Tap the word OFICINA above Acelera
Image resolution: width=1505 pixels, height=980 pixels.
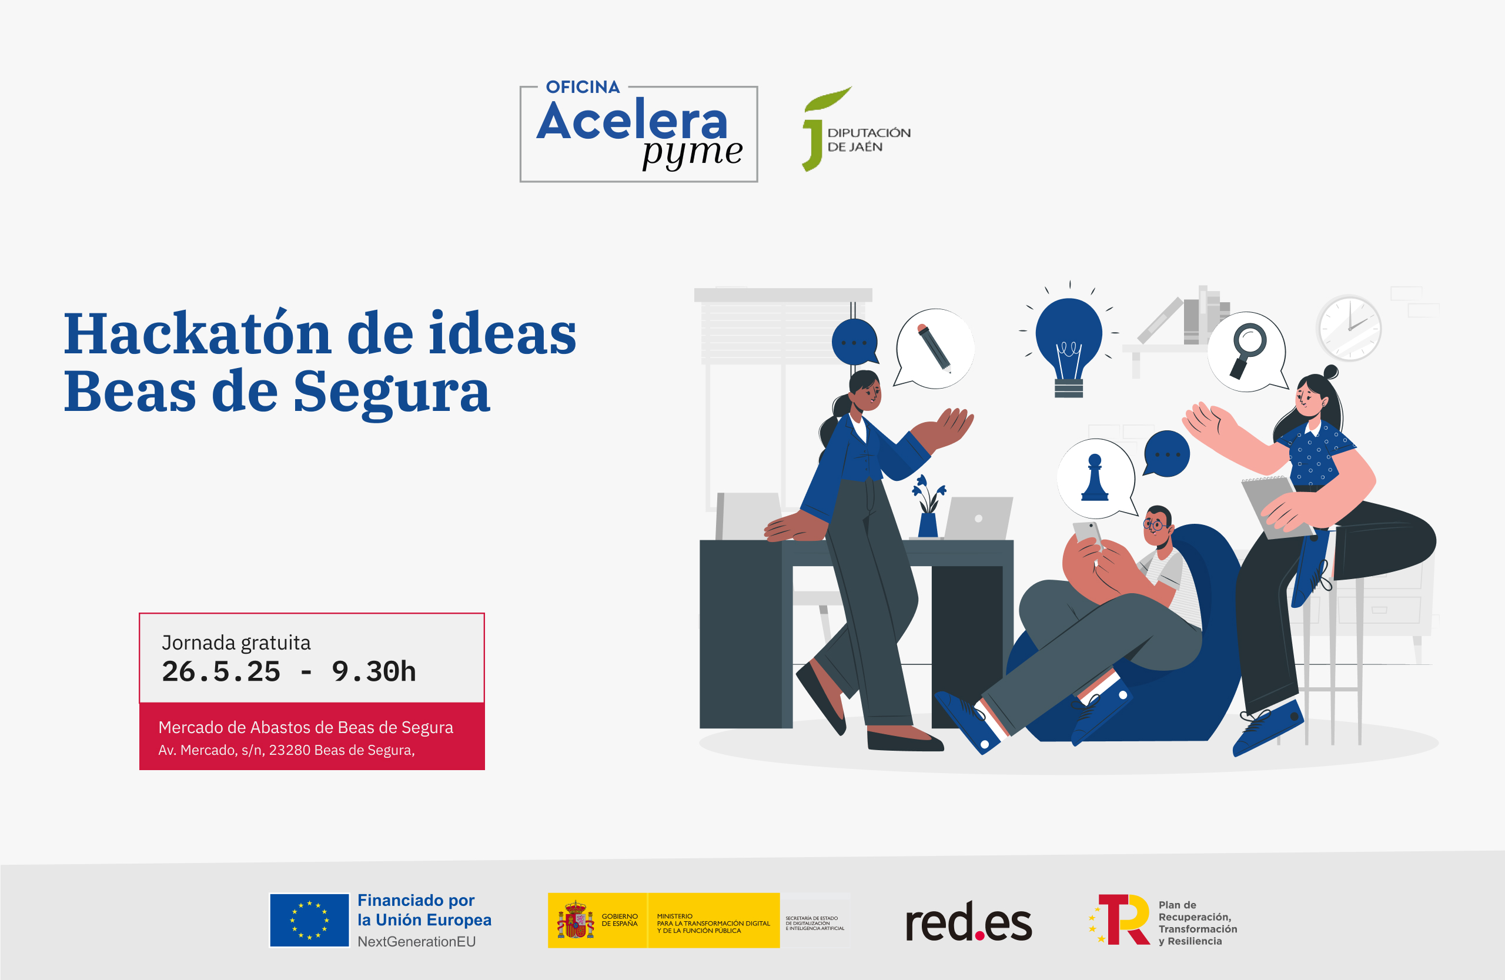583,86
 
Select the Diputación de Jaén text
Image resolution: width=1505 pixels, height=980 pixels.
869,140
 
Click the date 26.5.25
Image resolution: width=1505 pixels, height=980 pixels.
220,671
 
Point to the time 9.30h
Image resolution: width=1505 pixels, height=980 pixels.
374,671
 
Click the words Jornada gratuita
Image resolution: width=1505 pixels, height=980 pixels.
236,643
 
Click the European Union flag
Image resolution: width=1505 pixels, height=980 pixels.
309,920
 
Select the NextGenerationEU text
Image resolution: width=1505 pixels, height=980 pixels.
417,941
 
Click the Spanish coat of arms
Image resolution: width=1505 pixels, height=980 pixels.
575,920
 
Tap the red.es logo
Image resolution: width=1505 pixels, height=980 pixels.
968,921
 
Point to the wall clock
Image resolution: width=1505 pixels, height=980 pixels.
1349,328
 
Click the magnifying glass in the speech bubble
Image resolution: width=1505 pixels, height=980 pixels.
1247,350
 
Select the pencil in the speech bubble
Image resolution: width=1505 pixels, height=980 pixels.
935,347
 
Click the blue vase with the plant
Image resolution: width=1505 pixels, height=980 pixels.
928,509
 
